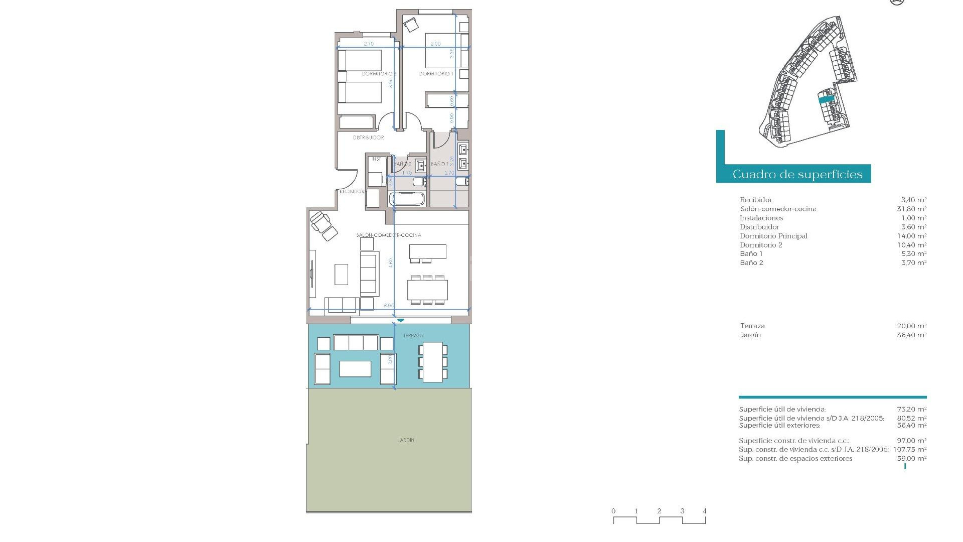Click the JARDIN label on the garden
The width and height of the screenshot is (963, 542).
pos(406,440)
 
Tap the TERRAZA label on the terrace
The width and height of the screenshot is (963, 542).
pos(413,335)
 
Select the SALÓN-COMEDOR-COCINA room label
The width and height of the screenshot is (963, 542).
pos(389,235)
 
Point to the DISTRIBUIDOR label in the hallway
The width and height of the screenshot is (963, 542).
pos(369,138)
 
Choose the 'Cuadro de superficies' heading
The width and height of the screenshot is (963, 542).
pos(797,174)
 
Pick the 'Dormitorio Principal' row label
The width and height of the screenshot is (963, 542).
pos(773,236)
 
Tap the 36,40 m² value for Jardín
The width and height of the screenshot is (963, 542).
pos(911,335)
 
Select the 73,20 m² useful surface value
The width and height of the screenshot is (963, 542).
pos(911,409)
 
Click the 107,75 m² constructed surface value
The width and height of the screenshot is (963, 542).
pos(909,450)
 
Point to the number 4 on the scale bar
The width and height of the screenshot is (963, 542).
pos(705,511)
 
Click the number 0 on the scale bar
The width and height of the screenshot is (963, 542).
pos(613,511)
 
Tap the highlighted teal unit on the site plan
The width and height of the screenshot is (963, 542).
pos(826,100)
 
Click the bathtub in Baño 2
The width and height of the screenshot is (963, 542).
pos(407,199)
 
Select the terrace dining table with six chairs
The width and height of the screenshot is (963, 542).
pos(433,362)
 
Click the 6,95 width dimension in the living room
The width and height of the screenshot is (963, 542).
pos(389,305)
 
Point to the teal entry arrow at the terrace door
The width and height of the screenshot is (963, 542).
pos(400,320)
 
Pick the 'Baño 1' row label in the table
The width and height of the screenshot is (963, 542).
pos(751,254)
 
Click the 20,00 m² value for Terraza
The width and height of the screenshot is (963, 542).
pos(911,326)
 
